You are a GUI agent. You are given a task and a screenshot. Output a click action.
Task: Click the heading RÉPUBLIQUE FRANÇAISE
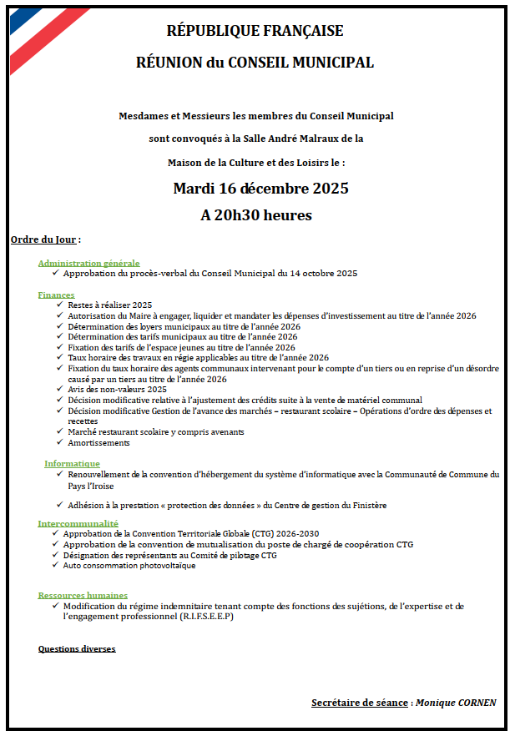tap(255, 31)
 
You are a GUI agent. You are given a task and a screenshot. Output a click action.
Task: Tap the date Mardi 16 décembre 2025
tap(260, 188)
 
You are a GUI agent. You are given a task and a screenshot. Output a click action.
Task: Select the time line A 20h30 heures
tap(256, 215)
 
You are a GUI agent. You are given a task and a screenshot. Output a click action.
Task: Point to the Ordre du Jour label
tap(43, 239)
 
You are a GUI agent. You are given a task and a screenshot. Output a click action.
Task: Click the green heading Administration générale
tap(88, 263)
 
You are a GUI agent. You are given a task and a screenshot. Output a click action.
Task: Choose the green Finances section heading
tap(56, 295)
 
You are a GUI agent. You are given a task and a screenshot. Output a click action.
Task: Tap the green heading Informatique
tap(72, 463)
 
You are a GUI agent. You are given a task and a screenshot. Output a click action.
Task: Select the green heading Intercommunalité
tap(78, 523)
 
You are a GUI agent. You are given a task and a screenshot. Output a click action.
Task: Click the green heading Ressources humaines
tap(83, 595)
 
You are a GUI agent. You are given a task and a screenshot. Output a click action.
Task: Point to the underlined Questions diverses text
tap(77, 648)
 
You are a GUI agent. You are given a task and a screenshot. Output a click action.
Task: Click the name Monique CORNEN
tap(456, 703)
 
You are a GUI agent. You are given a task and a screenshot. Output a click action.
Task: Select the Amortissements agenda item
tap(99, 443)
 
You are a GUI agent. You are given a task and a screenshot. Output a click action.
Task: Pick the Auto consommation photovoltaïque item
tap(129, 566)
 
